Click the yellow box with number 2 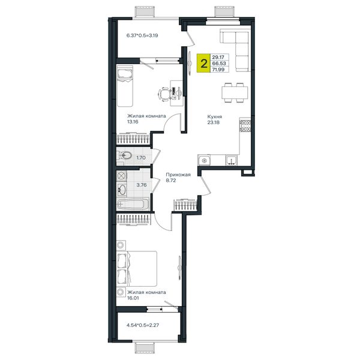[203, 63]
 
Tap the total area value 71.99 [218, 70]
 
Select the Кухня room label [214, 116]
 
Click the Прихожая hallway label [178, 175]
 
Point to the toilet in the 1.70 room [125, 156]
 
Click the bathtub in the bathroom [133, 204]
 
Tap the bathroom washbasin [122, 190]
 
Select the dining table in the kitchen [235, 92]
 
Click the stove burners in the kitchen [245, 126]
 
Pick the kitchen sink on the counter [232, 160]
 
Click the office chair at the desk [164, 94]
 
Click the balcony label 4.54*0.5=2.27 [143, 325]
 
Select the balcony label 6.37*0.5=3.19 [142, 35]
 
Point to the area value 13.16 [133, 122]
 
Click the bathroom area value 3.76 [142, 185]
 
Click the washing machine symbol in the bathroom [121, 176]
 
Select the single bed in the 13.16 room [125, 86]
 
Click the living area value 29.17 [218, 57]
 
